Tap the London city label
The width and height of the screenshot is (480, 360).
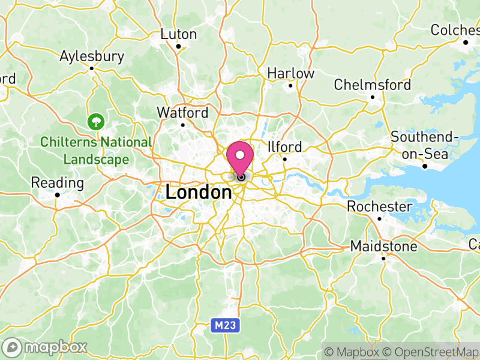point(199,193)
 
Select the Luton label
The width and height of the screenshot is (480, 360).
point(178,34)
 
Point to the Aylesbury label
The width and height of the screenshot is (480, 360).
point(92,56)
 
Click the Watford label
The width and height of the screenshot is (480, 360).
point(182,113)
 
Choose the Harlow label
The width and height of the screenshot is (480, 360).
point(290,73)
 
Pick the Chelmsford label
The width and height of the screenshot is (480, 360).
point(373,85)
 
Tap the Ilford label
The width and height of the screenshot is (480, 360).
point(284,147)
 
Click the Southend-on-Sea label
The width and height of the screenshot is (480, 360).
point(424,145)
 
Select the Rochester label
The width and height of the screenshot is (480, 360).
point(380,207)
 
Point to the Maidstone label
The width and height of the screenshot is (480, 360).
point(384,247)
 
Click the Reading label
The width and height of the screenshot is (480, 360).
point(58,182)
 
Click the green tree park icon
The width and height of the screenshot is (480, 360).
point(95,122)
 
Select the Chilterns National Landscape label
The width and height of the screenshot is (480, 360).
point(96,151)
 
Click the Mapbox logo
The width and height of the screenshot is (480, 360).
point(46,347)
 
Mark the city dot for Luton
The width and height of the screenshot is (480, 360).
point(178,46)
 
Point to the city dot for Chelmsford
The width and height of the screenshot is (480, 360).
point(373,97)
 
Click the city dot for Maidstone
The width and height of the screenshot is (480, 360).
point(384,259)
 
